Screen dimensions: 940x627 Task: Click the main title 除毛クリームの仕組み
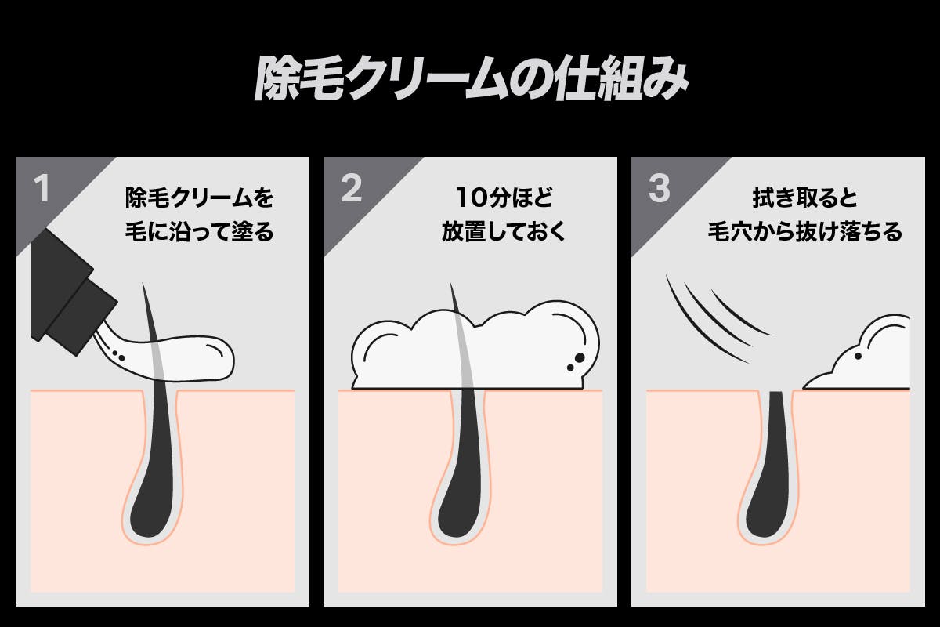471,79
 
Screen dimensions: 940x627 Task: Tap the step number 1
42,189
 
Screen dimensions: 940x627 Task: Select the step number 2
351,189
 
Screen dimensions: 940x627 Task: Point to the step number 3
660,189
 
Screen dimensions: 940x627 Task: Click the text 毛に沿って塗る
199,232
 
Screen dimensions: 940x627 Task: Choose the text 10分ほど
504,198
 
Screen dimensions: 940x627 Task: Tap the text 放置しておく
504,232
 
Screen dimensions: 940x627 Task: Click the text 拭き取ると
804,198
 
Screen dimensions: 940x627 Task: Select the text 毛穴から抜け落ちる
805,232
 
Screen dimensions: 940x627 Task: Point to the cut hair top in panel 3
776,393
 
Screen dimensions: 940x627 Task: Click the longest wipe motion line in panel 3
702,323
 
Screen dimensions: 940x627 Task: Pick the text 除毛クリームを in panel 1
199,198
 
